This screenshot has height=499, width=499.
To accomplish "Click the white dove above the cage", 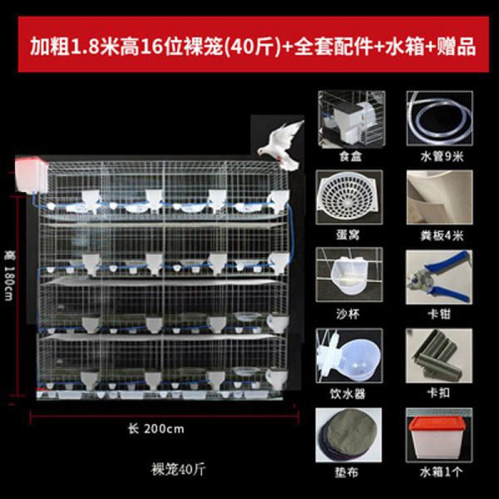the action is pos(282,145).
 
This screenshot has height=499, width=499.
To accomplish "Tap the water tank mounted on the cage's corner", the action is pos(32,175).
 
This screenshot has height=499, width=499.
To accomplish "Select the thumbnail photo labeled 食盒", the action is pos(352,119).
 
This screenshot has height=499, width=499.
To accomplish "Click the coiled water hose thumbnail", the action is pos(440,118).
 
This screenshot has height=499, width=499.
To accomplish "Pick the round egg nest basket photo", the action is pos(349,197).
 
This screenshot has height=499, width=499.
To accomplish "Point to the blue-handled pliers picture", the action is pos(439,277).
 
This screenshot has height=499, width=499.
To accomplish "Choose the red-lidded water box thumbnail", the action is pos(439,435).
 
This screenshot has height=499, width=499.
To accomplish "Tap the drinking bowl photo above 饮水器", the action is pos(349,356).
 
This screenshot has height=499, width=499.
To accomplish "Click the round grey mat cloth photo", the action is pos(349,435).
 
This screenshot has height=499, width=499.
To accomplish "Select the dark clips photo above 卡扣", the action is pos(439,356).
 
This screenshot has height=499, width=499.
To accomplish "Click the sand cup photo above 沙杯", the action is pos(349,274).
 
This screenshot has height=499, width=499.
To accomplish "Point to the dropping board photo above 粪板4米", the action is pos(440,197).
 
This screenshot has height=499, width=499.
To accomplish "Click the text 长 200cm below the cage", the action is pos(156,429).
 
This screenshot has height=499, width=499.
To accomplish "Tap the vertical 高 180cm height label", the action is pos(9,276).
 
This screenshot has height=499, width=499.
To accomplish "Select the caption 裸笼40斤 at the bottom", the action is pos(178,470).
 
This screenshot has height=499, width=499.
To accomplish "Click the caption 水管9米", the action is pos(442,157).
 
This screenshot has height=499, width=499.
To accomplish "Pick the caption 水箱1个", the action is pos(441,472).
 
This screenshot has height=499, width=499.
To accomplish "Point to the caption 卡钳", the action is pos(439,314).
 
